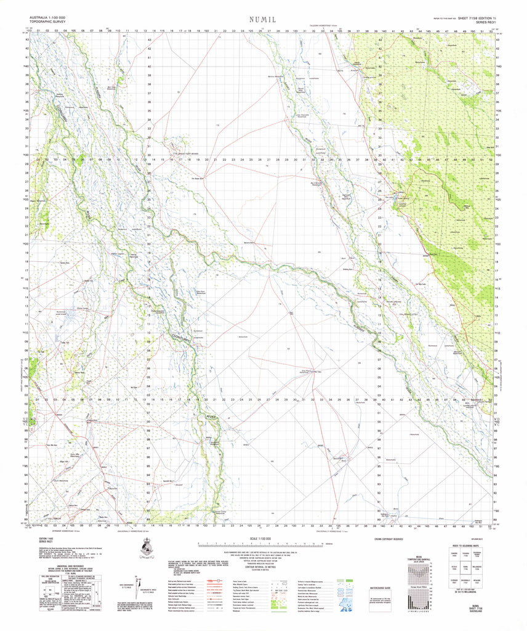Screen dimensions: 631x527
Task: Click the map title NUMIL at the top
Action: [263, 20]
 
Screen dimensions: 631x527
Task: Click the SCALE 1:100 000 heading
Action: [262, 539]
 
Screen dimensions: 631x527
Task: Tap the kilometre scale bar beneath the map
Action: [262, 545]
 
